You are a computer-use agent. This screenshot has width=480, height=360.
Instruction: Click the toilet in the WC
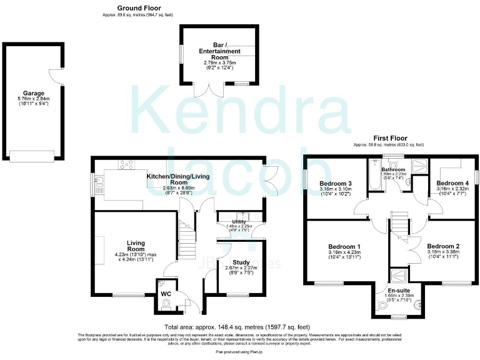coord(166,305)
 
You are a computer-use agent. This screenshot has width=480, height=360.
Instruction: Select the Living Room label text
coord(136,245)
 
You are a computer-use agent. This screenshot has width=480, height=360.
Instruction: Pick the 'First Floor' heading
coord(388,137)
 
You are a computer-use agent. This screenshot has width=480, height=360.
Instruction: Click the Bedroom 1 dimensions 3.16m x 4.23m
coord(346,255)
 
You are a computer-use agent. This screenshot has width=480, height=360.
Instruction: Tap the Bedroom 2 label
coord(444,246)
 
